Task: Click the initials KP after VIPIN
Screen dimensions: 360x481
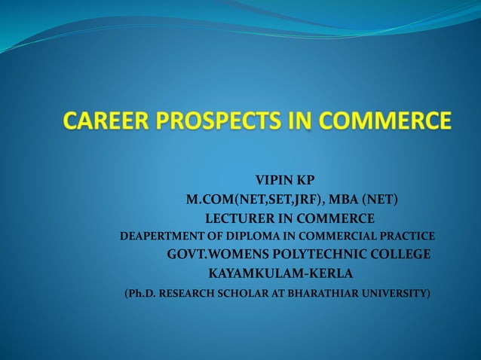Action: pyautogui.click(x=305, y=180)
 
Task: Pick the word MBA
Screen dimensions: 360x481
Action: pyautogui.click(x=346, y=200)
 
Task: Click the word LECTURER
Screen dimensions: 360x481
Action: pyautogui.click(x=240, y=218)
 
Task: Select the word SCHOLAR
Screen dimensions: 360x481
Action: pyautogui.click(x=243, y=293)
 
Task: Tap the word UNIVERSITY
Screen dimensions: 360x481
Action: pyautogui.click(x=398, y=293)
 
